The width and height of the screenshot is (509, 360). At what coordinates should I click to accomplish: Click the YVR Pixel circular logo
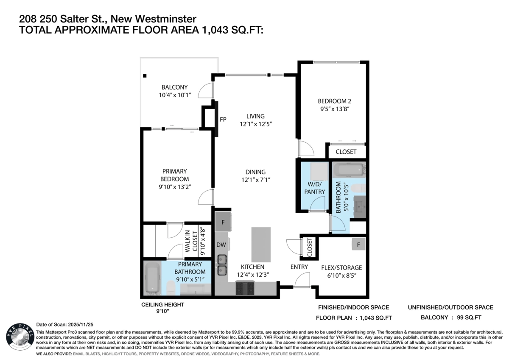pos(20,337)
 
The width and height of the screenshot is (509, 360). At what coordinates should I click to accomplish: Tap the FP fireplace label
pos(223,119)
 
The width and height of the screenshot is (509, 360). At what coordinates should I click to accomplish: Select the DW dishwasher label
pos(221,245)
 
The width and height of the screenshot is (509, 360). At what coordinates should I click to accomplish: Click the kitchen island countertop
pos(261,245)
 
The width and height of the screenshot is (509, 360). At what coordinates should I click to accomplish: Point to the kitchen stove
pos(245,288)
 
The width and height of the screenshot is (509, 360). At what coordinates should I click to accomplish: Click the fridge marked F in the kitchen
pos(223,222)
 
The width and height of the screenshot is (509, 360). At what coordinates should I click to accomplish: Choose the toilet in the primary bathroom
pos(170,288)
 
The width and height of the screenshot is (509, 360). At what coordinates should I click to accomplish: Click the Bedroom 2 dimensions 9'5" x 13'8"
pos(335,109)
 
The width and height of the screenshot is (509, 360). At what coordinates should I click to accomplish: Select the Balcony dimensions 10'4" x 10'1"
pos(174,95)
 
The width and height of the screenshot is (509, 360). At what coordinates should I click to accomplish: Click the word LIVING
pos(255,116)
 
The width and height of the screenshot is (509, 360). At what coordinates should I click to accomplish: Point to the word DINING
pos(255,172)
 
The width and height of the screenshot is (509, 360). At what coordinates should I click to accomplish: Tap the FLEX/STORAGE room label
pos(341,268)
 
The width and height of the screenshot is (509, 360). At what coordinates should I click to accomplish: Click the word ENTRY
pos(299,267)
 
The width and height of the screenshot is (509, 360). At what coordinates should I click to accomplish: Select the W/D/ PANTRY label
pos(314,188)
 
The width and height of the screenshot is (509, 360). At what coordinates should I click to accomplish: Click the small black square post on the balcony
pos(145,76)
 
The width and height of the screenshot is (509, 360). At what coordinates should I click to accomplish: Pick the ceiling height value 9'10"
pos(163,311)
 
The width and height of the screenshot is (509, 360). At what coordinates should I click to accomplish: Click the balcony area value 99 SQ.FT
pos(469,317)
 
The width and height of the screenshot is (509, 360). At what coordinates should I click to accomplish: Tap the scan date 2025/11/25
pos(81,324)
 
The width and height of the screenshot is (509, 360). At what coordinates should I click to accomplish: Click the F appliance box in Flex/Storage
pos(358,245)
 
